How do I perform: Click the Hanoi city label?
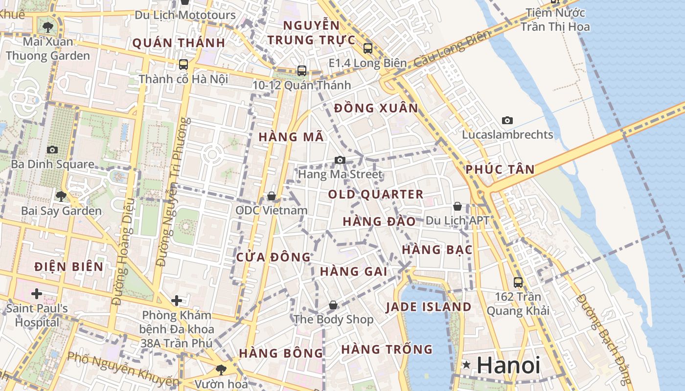[x=508, y=366]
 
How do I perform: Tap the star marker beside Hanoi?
[x=467, y=365]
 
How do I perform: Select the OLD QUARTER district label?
[x=376, y=195]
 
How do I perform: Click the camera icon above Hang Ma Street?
[x=340, y=160]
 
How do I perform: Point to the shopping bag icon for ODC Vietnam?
[x=272, y=196]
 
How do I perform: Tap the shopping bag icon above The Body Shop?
[x=333, y=305]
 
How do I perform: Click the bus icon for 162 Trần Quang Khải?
[x=518, y=282]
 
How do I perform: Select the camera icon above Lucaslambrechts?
[x=507, y=120]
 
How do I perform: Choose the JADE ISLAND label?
[x=429, y=307]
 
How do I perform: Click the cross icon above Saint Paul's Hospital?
[x=36, y=294]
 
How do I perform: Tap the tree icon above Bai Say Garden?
[x=61, y=196]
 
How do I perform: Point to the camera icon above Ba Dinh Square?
[x=52, y=150]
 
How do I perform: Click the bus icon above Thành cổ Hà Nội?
[x=183, y=64]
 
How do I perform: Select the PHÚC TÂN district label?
[x=500, y=170]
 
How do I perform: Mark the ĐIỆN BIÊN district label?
[x=69, y=267]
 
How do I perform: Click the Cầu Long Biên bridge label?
[x=452, y=49]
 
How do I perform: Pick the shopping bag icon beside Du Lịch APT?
[x=457, y=206]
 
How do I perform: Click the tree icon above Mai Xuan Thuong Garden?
[x=48, y=26]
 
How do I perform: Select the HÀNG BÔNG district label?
[x=281, y=353]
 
